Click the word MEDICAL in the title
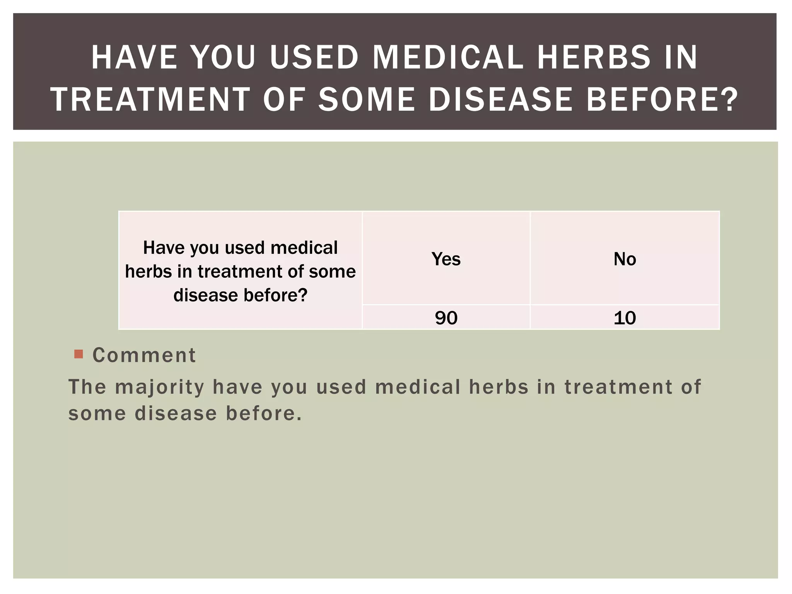point(448,58)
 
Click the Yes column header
point(446,259)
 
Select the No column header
point(625,259)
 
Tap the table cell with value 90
point(446,318)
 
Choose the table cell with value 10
point(625,318)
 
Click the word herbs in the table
point(148,271)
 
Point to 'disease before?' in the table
point(240,295)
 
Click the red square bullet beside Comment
point(79,354)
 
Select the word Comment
point(144,355)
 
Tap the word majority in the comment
point(160,387)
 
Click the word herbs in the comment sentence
point(498,387)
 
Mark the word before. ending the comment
point(263,413)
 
